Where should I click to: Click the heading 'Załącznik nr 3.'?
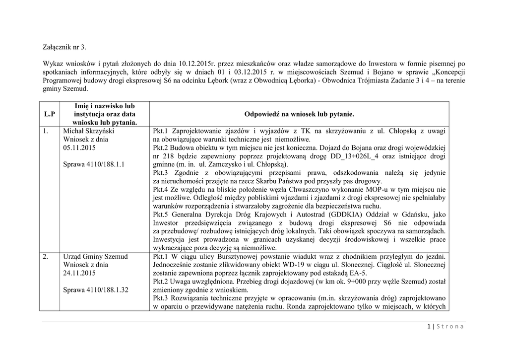[x=64, y=48]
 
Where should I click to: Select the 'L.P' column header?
[x=49, y=114]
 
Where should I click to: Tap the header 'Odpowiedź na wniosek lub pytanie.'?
[x=299, y=114]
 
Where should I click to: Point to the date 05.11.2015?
[x=79, y=147]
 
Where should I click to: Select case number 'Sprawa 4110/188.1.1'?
[x=94, y=164]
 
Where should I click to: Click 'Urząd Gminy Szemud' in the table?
[x=95, y=257]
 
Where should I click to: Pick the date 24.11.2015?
[x=79, y=273]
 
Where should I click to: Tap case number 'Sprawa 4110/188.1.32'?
[x=96, y=289]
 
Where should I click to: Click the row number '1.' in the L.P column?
[x=45, y=131]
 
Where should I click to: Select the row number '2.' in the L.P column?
[x=45, y=257]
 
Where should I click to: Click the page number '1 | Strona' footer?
[x=445, y=326]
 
